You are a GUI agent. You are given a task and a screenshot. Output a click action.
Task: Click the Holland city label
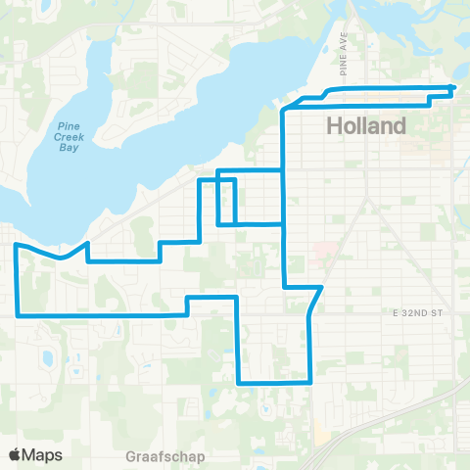[365, 126]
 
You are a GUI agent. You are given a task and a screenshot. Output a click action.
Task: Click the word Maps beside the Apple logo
[42, 454]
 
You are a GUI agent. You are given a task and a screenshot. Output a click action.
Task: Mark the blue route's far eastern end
[452, 89]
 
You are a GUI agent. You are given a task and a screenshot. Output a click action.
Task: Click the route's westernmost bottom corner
[18, 315]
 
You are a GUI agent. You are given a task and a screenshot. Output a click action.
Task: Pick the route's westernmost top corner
[16, 246]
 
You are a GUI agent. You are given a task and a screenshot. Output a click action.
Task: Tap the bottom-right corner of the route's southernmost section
[310, 381]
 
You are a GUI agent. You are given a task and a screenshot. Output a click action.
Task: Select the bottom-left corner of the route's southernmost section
[239, 382]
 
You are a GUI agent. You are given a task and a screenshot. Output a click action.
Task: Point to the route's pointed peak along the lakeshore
[89, 242]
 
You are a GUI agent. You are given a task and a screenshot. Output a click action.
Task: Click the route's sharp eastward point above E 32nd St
[322, 287]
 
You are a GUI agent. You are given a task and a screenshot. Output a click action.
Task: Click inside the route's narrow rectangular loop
[226, 202]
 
